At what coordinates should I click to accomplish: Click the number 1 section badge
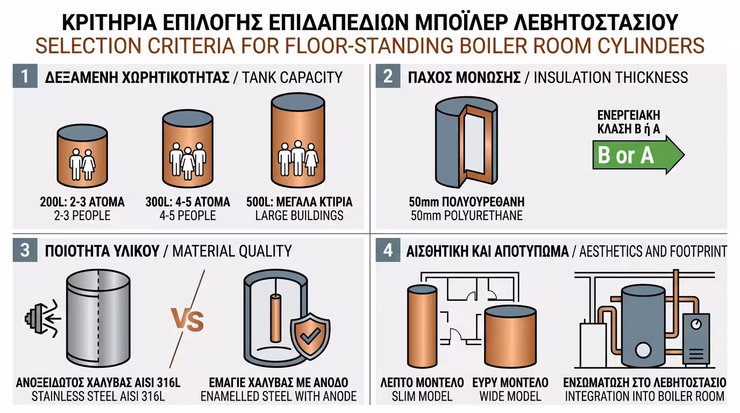pyautogui.click(x=25, y=77)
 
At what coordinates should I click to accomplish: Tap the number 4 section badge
pyautogui.click(x=388, y=251)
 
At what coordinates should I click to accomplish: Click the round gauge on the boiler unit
pyautogui.click(x=697, y=325)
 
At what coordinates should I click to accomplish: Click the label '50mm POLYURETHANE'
pyautogui.click(x=465, y=216)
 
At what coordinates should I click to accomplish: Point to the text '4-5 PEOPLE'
pyautogui.click(x=187, y=216)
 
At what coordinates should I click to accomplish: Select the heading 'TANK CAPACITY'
pyautogui.click(x=293, y=77)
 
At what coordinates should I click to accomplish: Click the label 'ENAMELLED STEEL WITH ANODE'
pyautogui.click(x=278, y=397)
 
